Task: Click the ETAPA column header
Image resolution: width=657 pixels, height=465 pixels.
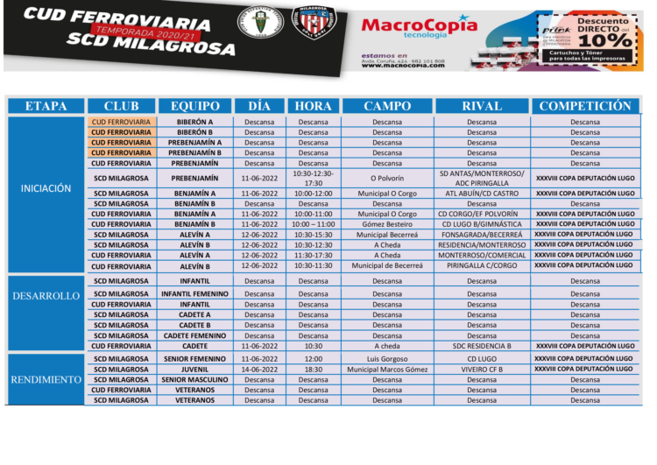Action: click(x=46, y=106)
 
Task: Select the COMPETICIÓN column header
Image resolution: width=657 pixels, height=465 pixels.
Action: click(x=584, y=106)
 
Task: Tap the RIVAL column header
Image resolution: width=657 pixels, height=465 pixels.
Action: click(x=481, y=106)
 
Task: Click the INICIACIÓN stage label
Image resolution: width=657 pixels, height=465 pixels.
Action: click(x=46, y=188)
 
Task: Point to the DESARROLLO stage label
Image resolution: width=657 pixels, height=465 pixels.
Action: click(x=46, y=296)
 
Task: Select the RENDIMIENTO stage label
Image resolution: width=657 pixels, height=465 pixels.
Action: click(x=46, y=379)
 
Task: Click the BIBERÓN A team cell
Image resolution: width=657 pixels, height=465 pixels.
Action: click(x=194, y=122)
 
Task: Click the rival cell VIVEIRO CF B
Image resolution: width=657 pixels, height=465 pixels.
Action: click(x=481, y=370)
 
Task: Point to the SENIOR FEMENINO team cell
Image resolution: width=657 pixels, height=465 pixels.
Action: click(x=194, y=359)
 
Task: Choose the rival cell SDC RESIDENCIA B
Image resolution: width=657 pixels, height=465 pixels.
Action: click(x=481, y=346)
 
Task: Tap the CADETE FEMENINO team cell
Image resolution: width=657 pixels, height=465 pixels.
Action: click(x=194, y=335)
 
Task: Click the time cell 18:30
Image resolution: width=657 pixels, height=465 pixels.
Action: click(x=313, y=370)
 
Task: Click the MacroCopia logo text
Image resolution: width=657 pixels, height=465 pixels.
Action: click(x=419, y=26)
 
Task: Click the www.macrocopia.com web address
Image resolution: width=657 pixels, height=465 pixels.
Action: click(x=402, y=66)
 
